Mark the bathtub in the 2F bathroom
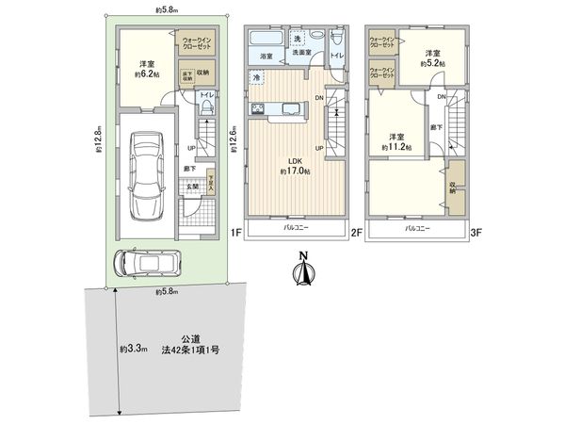click(266, 41)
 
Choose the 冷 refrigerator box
click(256, 76)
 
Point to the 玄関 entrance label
click(191, 187)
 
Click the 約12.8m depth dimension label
click(97, 145)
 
